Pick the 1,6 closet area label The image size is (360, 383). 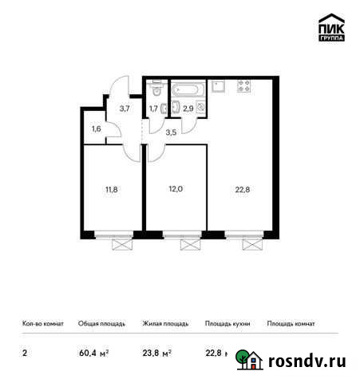click(97, 128)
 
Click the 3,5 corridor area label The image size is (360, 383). click(170, 132)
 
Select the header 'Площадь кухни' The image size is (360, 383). click(227, 324)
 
